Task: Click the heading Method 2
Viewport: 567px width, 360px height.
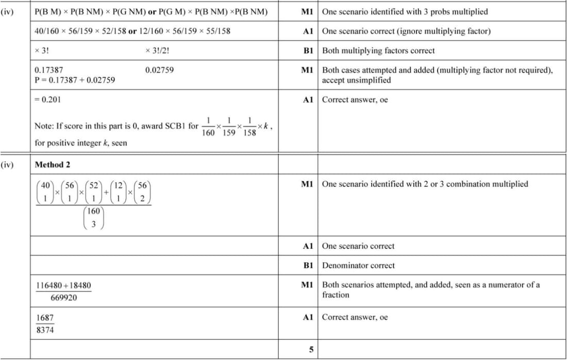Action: click(53, 165)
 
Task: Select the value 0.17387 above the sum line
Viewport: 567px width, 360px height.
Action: click(49, 70)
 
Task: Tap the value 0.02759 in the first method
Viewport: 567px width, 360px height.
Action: click(159, 70)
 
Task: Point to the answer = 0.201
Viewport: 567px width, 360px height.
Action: click(47, 100)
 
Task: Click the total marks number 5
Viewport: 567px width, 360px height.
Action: click(311, 350)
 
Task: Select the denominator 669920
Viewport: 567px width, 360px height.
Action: click(63, 298)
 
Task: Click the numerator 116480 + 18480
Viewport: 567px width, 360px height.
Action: click(63, 285)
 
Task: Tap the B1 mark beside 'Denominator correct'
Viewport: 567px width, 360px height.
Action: click(308, 266)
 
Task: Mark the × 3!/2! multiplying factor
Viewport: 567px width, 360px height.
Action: click(158, 50)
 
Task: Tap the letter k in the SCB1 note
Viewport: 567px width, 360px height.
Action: click(266, 125)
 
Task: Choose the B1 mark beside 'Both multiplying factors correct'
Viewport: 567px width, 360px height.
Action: click(308, 50)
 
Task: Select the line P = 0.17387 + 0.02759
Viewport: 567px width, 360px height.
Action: click(75, 80)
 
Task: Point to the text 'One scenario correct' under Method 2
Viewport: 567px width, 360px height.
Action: click(358, 246)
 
